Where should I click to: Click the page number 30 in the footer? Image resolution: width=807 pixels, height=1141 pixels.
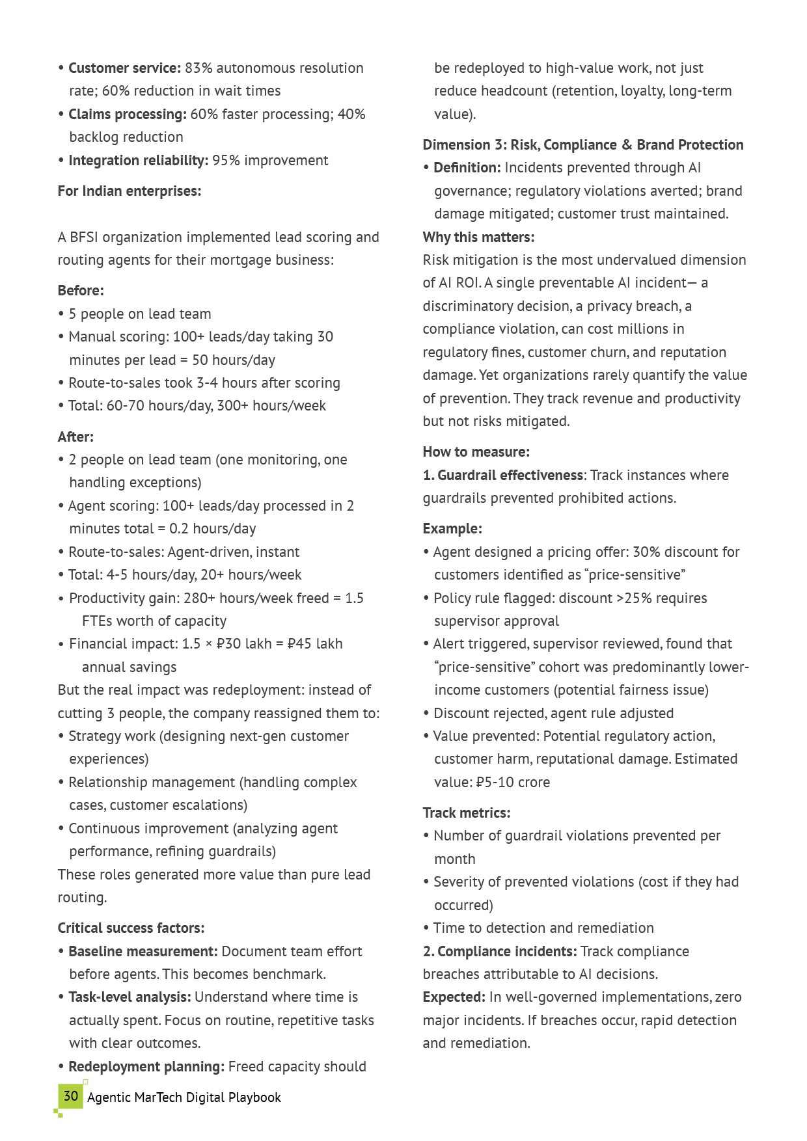pyautogui.click(x=71, y=1096)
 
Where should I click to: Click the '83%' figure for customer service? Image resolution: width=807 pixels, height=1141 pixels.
pyautogui.click(x=198, y=68)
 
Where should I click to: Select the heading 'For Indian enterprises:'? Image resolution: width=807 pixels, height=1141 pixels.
pyautogui.click(x=130, y=191)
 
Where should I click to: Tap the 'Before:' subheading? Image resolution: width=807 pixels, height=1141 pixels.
pyautogui.click(x=81, y=291)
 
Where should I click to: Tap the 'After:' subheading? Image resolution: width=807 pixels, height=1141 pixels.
pyautogui.click(x=75, y=437)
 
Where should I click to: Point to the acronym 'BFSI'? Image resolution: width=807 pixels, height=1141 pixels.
pyautogui.click(x=84, y=237)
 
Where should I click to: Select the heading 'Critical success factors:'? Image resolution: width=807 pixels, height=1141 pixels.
pyautogui.click(x=131, y=928)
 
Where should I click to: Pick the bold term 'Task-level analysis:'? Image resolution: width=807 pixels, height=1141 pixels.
pyautogui.click(x=130, y=997)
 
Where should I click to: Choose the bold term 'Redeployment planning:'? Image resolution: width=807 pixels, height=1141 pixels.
pyautogui.click(x=146, y=1067)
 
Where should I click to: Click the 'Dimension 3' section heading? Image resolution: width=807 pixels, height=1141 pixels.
pyautogui.click(x=582, y=145)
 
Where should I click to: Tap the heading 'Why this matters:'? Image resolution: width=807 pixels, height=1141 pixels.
pyautogui.click(x=478, y=237)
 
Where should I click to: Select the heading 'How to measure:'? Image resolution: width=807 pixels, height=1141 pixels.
pyautogui.click(x=476, y=452)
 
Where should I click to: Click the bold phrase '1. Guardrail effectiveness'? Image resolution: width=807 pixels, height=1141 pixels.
pyautogui.click(x=503, y=476)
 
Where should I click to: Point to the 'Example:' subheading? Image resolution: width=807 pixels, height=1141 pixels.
pyautogui.click(x=452, y=529)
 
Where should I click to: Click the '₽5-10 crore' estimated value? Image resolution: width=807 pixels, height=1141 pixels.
pyautogui.click(x=513, y=783)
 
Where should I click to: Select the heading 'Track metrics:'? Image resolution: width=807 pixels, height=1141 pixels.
pyautogui.click(x=466, y=813)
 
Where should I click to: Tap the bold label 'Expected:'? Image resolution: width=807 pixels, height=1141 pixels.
pyautogui.click(x=454, y=997)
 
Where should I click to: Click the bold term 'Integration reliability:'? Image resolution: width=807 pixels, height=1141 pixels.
pyautogui.click(x=138, y=161)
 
